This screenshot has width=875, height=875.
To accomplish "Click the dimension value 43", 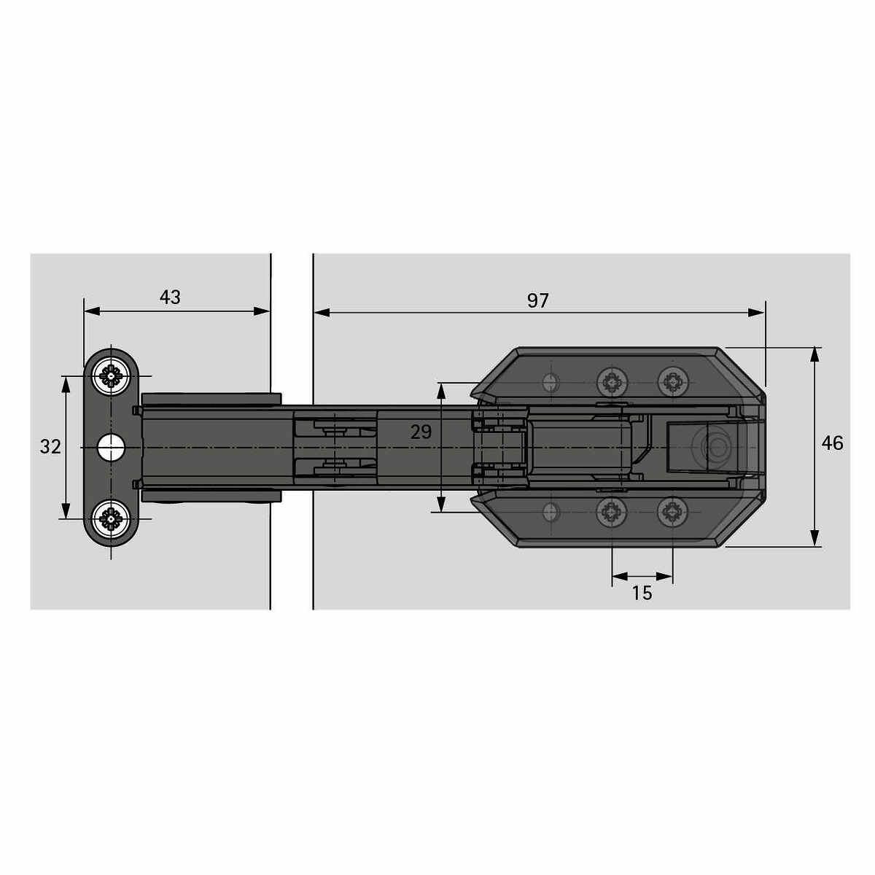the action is coord(170,297).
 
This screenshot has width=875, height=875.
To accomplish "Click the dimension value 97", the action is coord(537,300).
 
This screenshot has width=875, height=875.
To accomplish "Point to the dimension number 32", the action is coord(50,447).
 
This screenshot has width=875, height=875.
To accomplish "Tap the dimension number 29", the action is coord(421,432).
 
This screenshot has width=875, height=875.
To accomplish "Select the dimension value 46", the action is coord(832,443).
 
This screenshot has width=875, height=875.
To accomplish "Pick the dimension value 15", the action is coord(642,593).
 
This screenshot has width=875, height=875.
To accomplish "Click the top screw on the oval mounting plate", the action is coord(111,376).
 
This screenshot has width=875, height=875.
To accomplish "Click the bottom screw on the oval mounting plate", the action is coord(111,518).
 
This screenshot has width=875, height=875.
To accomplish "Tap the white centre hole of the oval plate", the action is coord(111,447).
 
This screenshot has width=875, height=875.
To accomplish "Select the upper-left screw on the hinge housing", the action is coord(612,381).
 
